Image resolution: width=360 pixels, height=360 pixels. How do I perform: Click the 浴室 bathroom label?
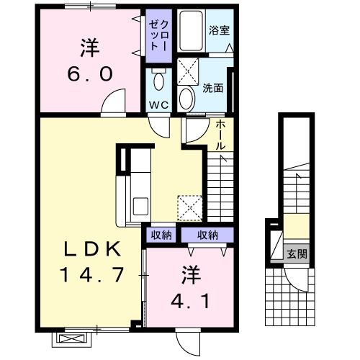coord(219,31)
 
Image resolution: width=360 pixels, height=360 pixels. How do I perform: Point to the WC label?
coord(158,105)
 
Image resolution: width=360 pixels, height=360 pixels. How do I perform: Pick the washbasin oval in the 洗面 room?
coord(186,97)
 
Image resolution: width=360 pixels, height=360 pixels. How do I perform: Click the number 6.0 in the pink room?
coord(90,75)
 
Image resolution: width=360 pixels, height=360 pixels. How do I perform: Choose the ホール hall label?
coord(221,135)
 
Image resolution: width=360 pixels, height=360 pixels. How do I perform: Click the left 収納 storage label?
coord(161,234)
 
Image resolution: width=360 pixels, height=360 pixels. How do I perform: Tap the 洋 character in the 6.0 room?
coord(89,48)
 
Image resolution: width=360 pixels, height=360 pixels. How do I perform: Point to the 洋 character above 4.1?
coord(189,274)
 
